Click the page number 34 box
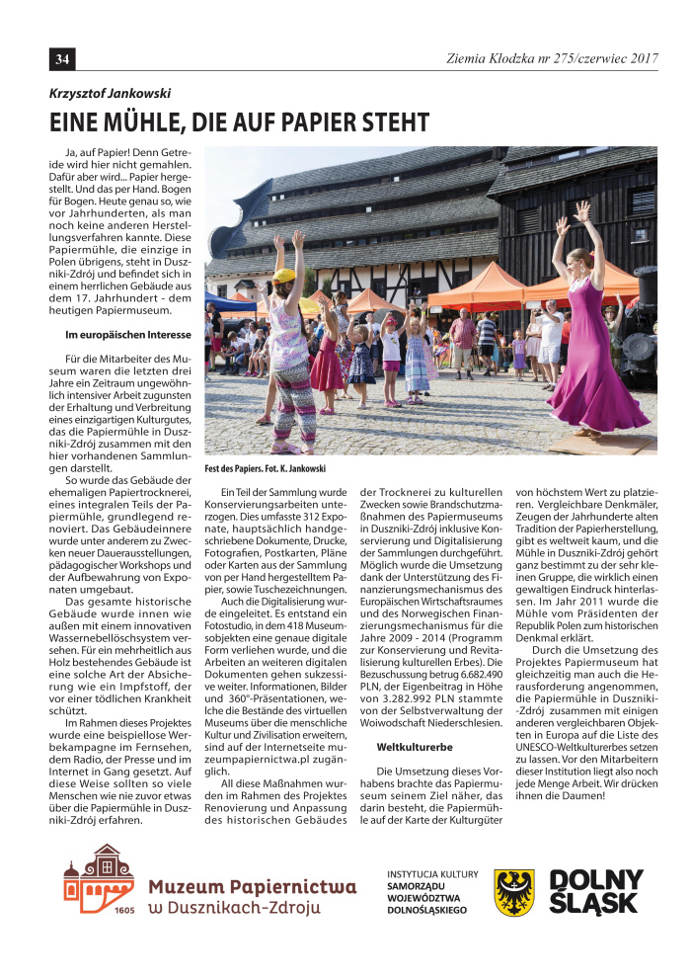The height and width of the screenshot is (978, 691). tap(62, 60)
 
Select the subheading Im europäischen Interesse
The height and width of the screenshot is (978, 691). tap(127, 335)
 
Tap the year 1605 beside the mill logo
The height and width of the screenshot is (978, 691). tap(123, 910)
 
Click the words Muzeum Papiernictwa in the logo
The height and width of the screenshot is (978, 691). tap(252, 886)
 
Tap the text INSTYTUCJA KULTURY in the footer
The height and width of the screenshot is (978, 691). tap(432, 874)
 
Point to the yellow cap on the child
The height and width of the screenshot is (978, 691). tap(284, 276)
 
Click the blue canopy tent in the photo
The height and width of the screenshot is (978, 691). tap(227, 302)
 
